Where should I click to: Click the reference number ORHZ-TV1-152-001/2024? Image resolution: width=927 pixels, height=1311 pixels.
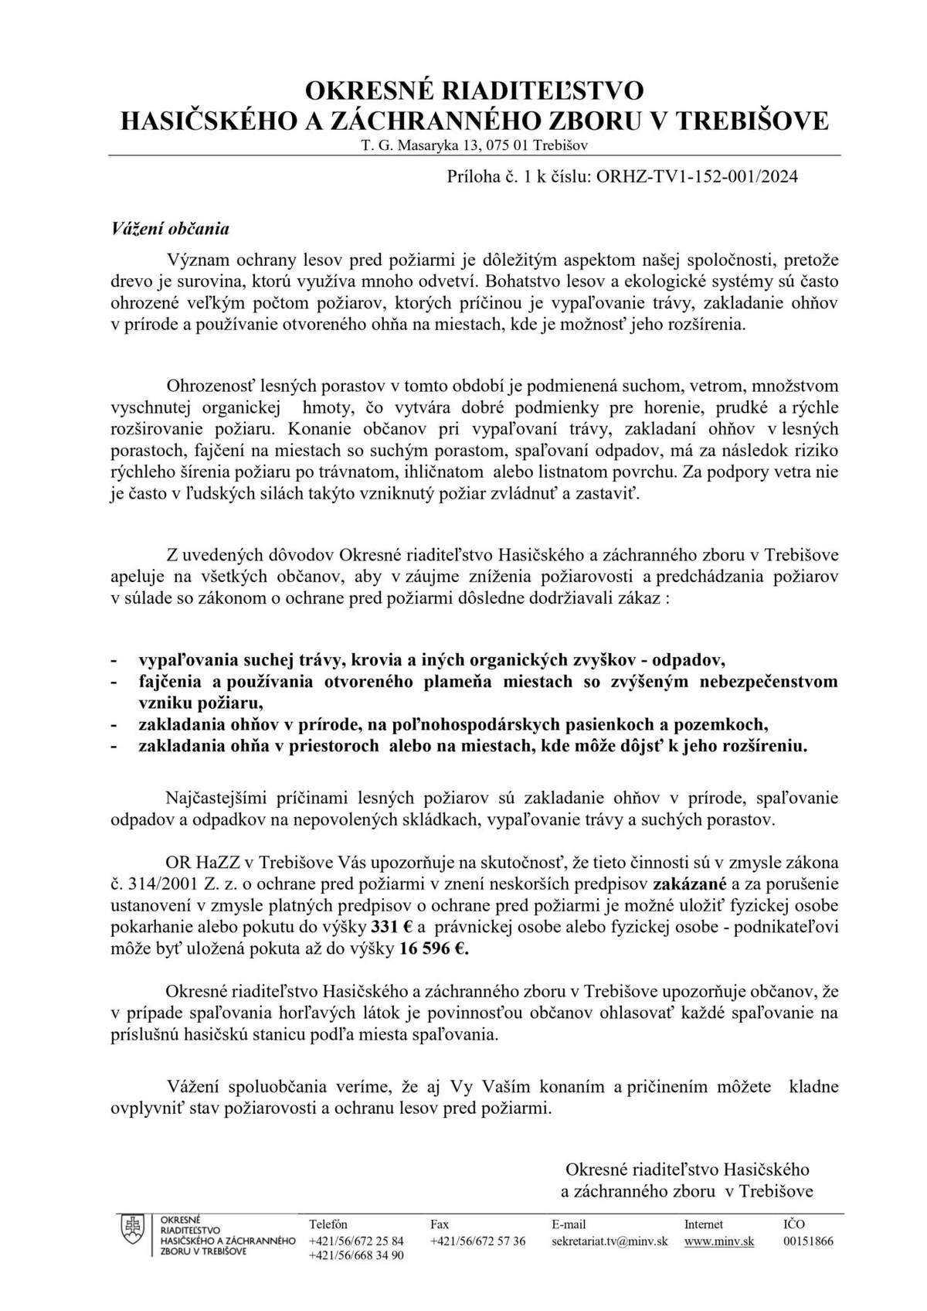(694, 176)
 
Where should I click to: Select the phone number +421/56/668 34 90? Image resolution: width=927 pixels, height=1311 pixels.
(355, 1256)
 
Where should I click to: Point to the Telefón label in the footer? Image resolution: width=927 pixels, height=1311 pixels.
(328, 1224)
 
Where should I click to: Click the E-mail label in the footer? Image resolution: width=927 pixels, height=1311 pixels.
(569, 1224)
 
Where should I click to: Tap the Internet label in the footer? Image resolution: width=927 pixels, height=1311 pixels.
(704, 1224)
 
